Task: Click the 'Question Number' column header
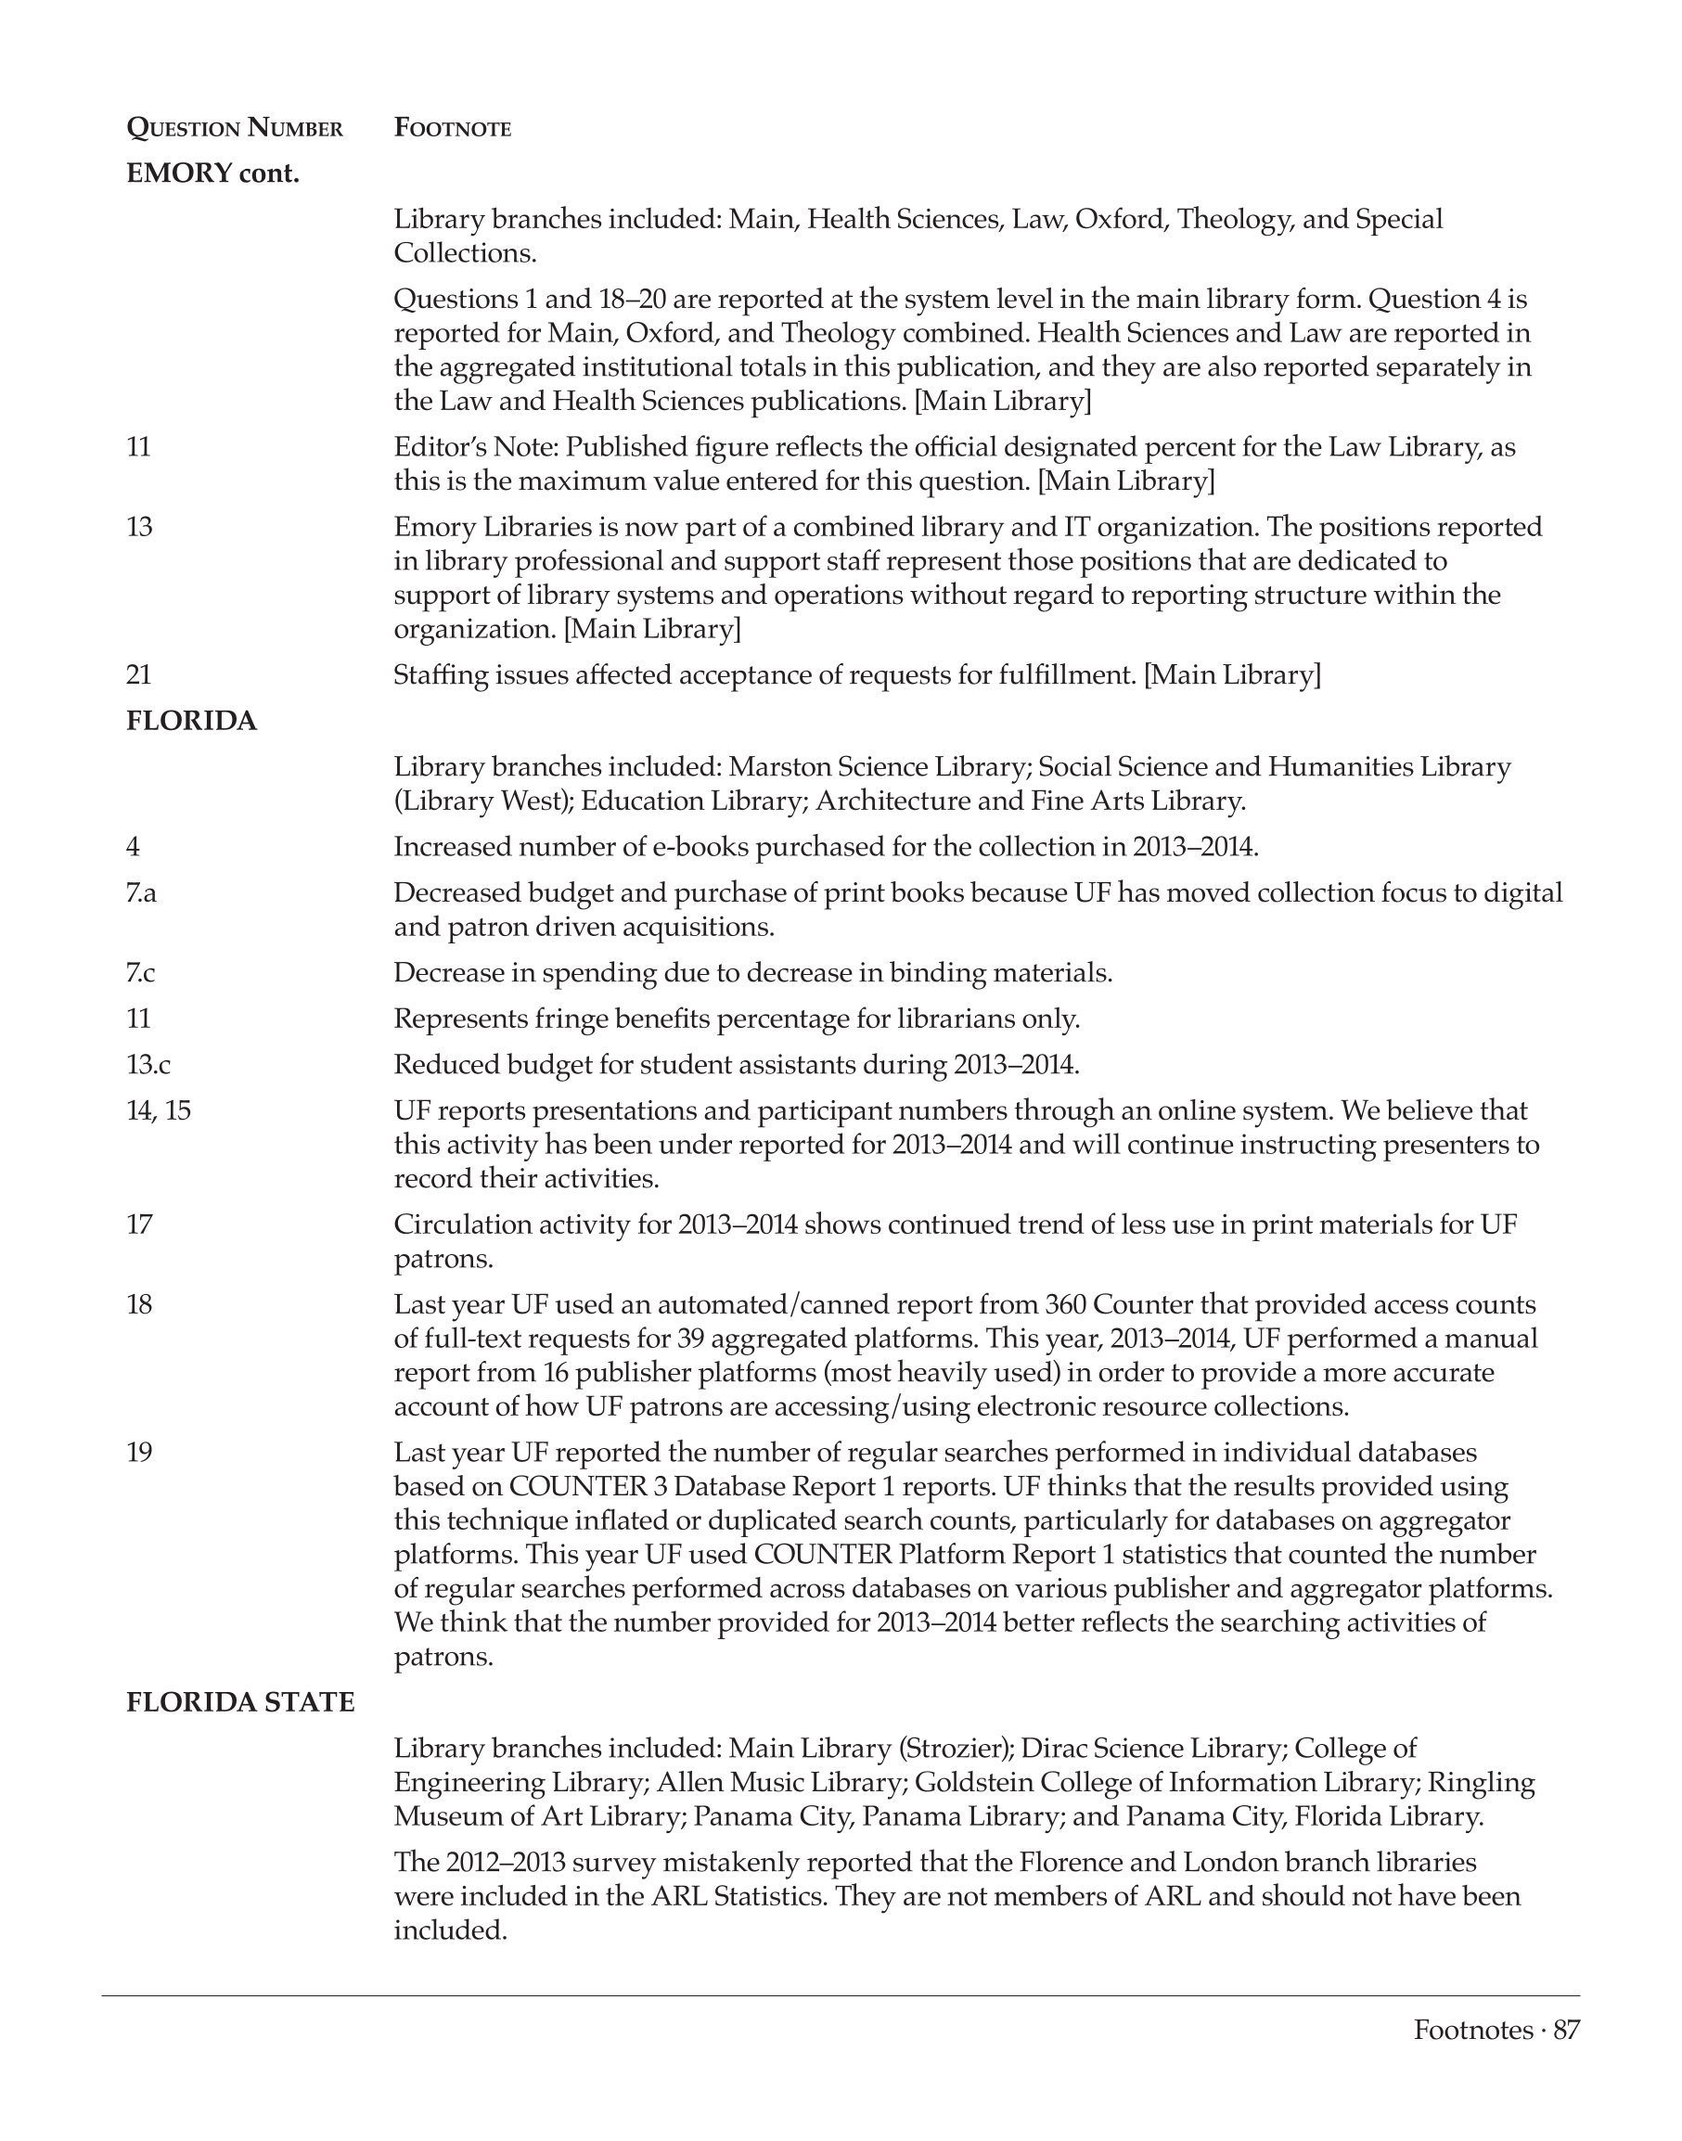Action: [235, 128]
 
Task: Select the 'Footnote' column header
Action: [452, 128]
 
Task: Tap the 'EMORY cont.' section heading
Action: [212, 173]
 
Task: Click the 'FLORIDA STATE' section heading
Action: [240, 1702]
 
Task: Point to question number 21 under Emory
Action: [139, 674]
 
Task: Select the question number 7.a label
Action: [141, 892]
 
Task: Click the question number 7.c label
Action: [141, 973]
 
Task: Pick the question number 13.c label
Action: [148, 1065]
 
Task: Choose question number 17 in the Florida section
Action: [139, 1224]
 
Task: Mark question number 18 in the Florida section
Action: [139, 1304]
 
